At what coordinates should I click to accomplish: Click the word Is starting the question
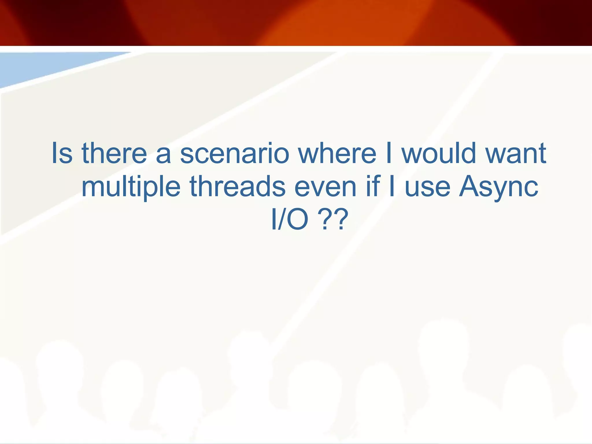[62, 153]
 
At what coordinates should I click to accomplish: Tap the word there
[114, 153]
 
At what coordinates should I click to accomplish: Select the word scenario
[234, 153]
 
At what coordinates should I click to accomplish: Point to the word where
[337, 153]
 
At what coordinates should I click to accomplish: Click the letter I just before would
[389, 153]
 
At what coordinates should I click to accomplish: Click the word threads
[238, 186]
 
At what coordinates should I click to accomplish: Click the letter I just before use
[392, 186]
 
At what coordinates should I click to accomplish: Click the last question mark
[338, 220]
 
